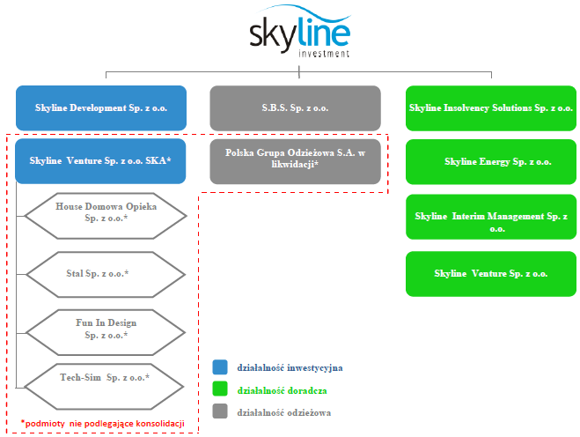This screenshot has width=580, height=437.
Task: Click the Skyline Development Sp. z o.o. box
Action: [101, 107]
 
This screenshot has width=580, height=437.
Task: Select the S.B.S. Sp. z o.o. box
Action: [295, 107]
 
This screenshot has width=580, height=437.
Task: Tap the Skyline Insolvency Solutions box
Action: [491, 107]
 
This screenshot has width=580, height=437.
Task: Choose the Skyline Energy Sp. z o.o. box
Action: [491, 161]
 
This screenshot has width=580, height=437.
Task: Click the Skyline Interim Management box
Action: [491, 217]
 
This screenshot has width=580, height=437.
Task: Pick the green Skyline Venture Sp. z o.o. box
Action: [491, 274]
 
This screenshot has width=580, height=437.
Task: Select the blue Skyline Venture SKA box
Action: [100, 161]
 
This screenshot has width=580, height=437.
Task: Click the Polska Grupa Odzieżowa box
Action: [295, 161]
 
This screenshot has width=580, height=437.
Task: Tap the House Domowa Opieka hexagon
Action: [106, 216]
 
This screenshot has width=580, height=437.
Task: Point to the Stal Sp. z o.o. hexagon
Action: [106, 274]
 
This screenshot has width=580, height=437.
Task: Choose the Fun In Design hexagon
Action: [106, 332]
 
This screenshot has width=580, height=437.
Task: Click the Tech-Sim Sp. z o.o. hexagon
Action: [104, 387]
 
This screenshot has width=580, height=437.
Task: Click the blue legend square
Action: [220, 367]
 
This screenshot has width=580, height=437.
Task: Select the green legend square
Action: [220, 389]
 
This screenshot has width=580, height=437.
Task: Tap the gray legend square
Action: [220, 411]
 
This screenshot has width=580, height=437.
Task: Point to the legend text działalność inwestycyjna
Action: [290, 367]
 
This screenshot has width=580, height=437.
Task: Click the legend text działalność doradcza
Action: [283, 390]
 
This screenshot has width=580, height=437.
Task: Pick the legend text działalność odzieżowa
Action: [284, 412]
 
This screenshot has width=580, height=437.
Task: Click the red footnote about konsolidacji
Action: [102, 423]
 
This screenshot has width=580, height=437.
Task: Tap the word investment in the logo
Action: [324, 54]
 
